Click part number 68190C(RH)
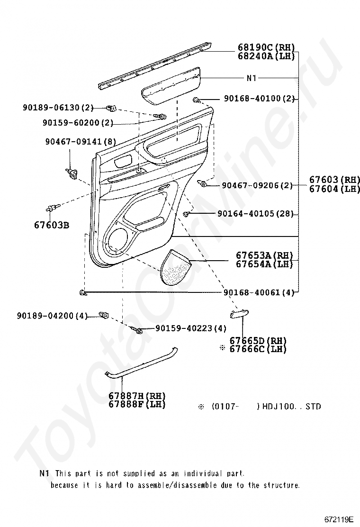pos(266,47)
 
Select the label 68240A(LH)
pos(266,56)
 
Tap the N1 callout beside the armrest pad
pos(251,78)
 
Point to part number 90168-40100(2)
pos(259,99)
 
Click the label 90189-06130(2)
pos(58,108)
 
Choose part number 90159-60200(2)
pos(78,123)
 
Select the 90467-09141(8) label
pos(81,141)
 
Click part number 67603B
pos(51,224)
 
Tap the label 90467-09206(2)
pos(258,185)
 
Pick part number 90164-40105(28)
pos(256,214)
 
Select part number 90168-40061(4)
pos(259,293)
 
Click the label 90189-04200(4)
pos(52,315)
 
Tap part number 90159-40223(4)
pos(190,328)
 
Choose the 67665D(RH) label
pos(258,341)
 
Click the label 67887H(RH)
pos(137,396)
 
